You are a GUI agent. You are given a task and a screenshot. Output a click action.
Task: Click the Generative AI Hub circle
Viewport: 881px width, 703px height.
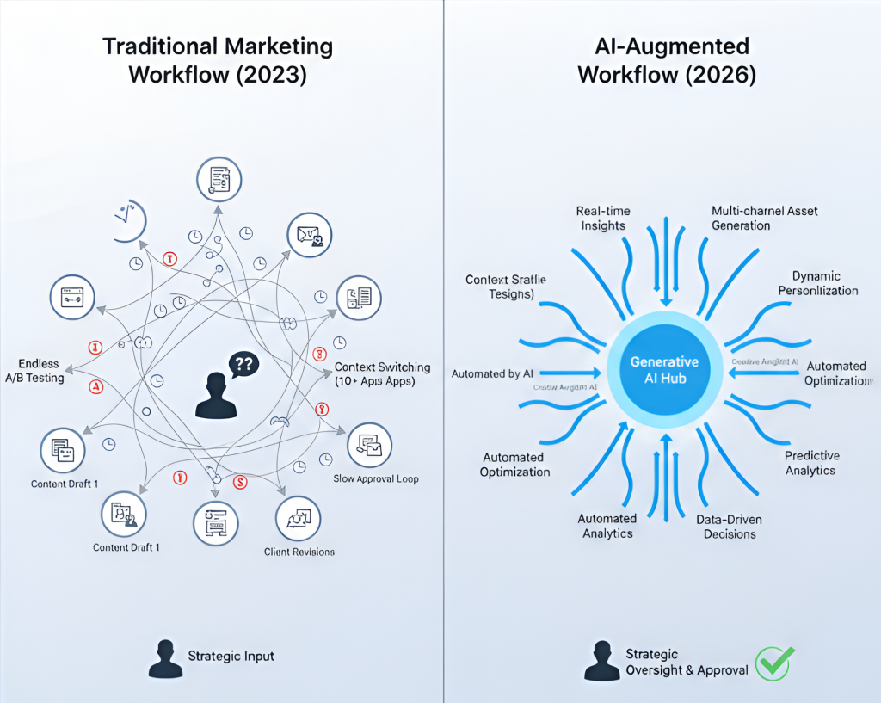(664, 370)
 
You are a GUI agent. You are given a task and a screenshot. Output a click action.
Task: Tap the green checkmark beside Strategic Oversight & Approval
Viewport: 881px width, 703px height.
(773, 663)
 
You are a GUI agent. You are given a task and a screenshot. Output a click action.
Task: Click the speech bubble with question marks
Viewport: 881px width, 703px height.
(243, 365)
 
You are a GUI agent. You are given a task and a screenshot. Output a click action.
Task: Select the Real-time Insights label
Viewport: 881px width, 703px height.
(602, 218)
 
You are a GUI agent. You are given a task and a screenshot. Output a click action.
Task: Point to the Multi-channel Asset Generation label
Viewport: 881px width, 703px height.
(764, 218)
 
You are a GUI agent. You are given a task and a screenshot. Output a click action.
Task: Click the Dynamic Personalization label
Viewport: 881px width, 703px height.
(817, 283)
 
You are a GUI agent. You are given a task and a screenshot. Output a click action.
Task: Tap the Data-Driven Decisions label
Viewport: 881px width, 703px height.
(729, 527)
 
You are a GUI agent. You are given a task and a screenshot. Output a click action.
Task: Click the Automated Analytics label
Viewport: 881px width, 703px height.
(607, 526)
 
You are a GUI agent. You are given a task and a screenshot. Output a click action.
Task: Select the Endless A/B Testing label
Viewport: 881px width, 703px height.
(41, 371)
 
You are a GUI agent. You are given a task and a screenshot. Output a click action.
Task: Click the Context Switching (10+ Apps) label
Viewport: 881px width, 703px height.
(381, 373)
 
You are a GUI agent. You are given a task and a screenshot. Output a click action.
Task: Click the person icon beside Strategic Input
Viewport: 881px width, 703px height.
(163, 658)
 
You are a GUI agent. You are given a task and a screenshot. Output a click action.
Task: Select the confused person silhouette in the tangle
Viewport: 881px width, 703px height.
(215, 396)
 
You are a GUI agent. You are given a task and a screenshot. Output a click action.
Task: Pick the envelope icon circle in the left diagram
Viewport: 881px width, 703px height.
(310, 234)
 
